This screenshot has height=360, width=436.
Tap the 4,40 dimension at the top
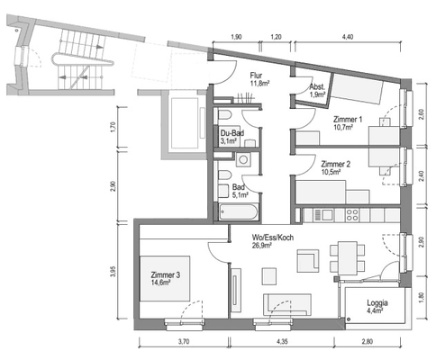(x=348, y=37)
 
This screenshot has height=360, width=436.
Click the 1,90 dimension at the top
(x=236, y=37)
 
